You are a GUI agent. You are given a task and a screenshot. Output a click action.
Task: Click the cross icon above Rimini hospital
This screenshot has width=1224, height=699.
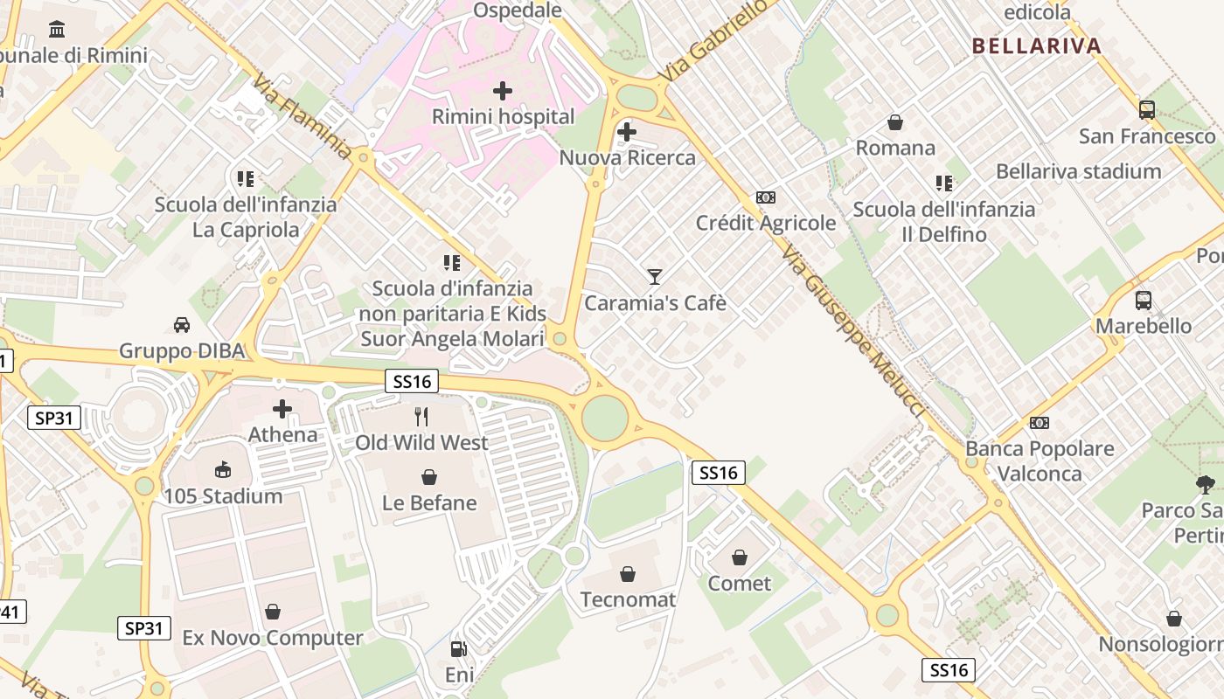(x=503, y=90)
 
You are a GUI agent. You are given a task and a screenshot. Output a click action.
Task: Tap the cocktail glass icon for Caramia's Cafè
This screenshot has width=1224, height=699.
(x=655, y=277)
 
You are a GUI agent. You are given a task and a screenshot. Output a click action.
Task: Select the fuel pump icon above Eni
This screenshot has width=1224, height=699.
(x=458, y=649)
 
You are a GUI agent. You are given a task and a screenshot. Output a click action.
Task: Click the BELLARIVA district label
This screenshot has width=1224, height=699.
(x=1036, y=46)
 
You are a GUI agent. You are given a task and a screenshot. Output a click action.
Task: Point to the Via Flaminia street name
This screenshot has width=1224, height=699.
(x=303, y=120)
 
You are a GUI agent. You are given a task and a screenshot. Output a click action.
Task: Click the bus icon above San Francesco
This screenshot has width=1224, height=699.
(x=1147, y=110)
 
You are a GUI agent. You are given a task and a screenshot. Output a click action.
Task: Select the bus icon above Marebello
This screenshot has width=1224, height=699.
(x=1144, y=301)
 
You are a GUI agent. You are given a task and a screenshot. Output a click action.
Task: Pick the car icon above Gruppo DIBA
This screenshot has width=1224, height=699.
(x=182, y=325)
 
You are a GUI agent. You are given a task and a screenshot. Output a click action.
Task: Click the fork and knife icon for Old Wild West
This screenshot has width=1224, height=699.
(x=421, y=417)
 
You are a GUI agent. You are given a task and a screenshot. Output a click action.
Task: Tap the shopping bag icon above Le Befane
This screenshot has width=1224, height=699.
(x=429, y=477)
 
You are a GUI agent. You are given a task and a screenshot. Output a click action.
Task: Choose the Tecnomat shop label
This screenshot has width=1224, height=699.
(x=628, y=599)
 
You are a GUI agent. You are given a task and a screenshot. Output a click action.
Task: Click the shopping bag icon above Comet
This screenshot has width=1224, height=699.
(x=740, y=557)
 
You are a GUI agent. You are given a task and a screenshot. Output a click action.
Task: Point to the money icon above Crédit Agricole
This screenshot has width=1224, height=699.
(x=766, y=197)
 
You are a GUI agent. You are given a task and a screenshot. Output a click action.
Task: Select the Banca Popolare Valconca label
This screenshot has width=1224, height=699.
(x=1040, y=461)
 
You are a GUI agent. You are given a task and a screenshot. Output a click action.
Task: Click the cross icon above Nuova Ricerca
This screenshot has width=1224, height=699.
(x=627, y=132)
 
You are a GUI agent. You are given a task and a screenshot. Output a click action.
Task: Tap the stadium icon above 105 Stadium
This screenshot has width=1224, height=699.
(x=224, y=470)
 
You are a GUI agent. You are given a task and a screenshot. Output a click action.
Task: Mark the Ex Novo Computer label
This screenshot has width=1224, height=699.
(x=272, y=638)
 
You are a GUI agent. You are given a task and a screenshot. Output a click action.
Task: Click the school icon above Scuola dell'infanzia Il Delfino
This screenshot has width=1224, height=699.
(x=944, y=183)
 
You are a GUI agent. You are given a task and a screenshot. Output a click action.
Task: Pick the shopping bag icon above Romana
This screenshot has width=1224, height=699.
(x=895, y=122)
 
